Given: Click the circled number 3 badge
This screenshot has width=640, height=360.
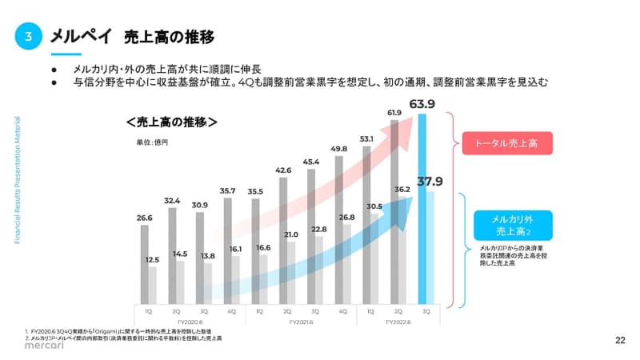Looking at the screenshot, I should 28,36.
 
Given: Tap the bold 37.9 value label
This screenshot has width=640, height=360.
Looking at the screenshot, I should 430,180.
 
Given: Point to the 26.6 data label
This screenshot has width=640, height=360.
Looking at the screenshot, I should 144,217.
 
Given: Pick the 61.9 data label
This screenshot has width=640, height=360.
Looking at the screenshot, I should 394,113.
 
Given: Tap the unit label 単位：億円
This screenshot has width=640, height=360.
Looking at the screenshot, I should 152,142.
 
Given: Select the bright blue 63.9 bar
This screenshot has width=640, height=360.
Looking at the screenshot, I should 422,208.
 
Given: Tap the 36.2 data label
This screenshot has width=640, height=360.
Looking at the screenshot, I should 402,190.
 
